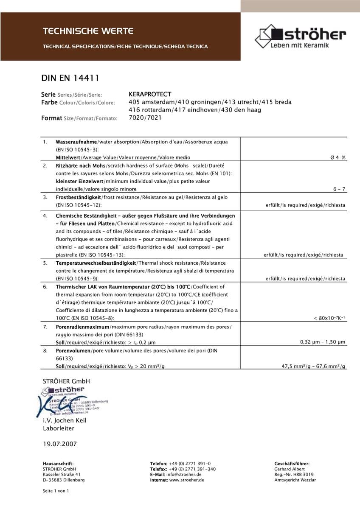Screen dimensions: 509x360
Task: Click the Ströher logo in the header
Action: [x=300, y=36]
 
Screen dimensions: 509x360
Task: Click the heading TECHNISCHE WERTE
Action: [x=88, y=31]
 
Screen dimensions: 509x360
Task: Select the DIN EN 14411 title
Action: [x=70, y=78]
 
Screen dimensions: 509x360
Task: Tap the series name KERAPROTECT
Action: [x=150, y=94]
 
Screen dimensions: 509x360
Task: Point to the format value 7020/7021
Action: [x=145, y=118]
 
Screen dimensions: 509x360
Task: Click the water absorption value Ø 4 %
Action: [x=338, y=157]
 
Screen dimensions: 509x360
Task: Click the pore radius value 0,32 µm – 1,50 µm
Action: [x=323, y=342]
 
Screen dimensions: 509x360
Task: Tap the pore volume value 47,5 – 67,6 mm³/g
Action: [x=314, y=366]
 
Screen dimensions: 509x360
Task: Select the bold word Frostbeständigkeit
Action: [x=78, y=197]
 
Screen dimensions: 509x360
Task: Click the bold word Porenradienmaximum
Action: [x=82, y=327]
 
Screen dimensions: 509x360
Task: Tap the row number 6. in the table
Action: [x=45, y=287]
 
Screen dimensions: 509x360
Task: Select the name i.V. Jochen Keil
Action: [x=65, y=420]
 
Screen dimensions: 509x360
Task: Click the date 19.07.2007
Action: [x=60, y=444]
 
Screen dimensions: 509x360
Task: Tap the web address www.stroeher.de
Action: [x=186, y=480]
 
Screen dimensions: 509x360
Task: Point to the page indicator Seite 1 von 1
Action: [x=56, y=491]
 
